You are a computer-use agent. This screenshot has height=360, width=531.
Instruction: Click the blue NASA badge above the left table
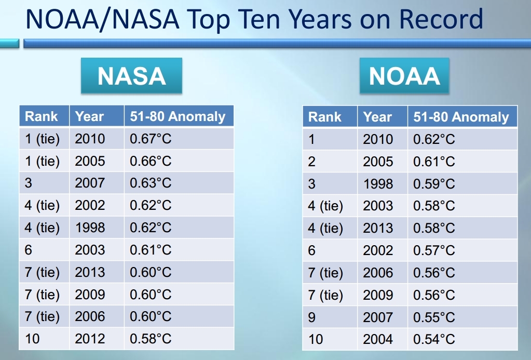(131, 76)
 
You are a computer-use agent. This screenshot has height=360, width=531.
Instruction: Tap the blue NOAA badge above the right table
(404, 76)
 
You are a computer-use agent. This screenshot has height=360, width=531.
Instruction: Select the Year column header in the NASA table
(89, 116)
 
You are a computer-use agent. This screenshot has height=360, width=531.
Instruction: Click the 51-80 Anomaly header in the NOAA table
(461, 117)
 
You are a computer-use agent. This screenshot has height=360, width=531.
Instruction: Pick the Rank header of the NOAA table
(325, 117)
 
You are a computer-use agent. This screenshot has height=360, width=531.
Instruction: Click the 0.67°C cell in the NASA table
(151, 139)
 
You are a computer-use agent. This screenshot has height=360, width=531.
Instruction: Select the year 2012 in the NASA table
(90, 339)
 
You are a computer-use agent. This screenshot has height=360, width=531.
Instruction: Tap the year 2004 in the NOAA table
(378, 339)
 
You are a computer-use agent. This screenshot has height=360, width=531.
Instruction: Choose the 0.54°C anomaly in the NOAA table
(434, 339)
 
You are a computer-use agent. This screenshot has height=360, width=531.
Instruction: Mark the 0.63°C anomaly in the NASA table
(151, 183)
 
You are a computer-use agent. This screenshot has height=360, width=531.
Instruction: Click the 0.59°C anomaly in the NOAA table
(434, 184)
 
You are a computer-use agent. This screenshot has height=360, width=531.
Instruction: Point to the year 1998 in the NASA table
(90, 228)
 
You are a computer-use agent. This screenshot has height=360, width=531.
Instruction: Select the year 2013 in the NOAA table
(378, 228)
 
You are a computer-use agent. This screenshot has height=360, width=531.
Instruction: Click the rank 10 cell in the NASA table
(32, 339)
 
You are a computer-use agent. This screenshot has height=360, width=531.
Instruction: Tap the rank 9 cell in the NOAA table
(312, 317)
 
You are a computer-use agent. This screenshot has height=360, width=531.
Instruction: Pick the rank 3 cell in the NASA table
(28, 183)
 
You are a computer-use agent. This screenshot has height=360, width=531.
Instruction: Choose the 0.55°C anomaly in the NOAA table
(434, 317)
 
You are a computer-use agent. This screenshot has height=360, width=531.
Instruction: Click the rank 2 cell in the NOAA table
(312, 162)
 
